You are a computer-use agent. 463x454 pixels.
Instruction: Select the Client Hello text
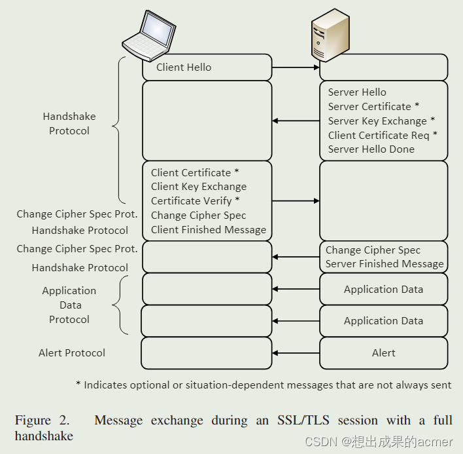coord(184,67)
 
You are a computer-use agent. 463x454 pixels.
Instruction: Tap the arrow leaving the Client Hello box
coord(295,67)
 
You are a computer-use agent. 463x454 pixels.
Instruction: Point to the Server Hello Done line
coord(371,149)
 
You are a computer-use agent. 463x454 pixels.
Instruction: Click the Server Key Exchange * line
coord(381,121)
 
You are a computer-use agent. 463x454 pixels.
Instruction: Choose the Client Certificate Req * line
coord(383,136)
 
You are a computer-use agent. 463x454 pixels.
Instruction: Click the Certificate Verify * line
coord(195,201)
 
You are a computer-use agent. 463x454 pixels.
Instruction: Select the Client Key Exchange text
coord(198,187)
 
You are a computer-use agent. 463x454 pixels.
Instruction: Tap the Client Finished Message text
coord(208,230)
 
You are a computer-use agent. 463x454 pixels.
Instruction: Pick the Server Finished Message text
coord(385,264)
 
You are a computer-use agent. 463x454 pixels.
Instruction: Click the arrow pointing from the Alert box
coord(295,353)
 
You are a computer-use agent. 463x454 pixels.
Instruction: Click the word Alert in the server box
coord(383,353)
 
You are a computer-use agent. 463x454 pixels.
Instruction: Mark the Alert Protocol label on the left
coord(72,353)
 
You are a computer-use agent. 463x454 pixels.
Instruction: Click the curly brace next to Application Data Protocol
coord(118,305)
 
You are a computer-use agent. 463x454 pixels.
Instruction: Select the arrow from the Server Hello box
coord(295,121)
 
